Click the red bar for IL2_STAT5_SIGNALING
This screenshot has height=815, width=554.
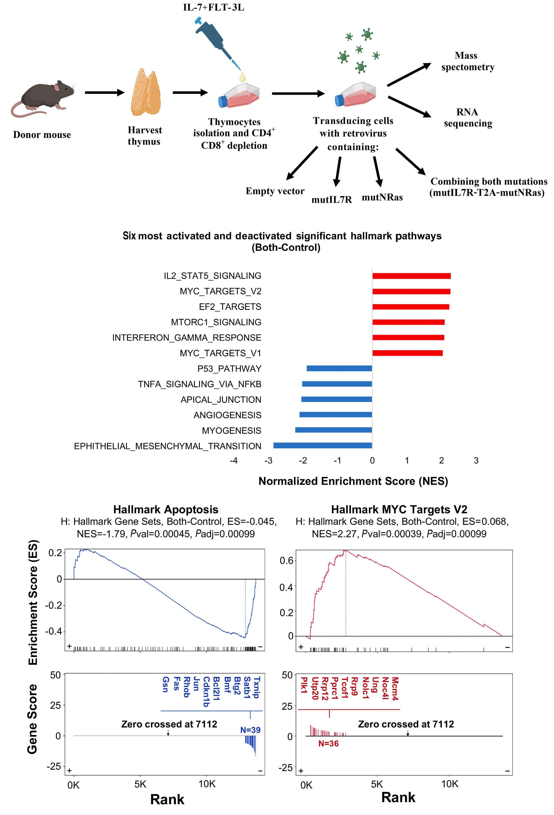[x=411, y=276]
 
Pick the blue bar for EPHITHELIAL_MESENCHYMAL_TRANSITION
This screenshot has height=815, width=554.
[x=322, y=446]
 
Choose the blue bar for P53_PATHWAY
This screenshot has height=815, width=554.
[x=339, y=368]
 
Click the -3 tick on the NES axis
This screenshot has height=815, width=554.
[x=268, y=460]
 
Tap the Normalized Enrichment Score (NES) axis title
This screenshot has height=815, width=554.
[x=353, y=481]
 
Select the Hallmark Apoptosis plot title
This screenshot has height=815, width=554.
[x=166, y=509]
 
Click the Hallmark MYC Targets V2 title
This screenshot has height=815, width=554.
[x=399, y=509]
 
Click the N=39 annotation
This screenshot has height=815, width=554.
[x=250, y=730]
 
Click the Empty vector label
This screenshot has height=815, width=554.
[x=275, y=191]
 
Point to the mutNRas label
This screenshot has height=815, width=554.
[x=382, y=197]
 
